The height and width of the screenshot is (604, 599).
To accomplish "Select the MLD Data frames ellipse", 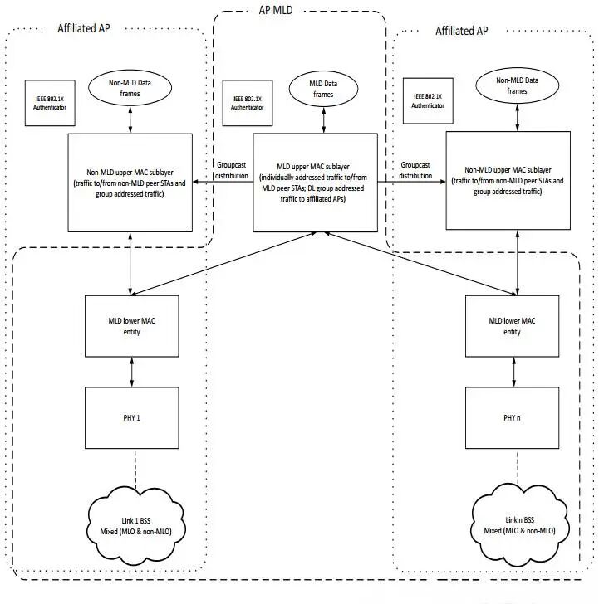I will (323, 90).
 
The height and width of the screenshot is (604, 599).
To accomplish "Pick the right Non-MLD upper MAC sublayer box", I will (508, 180).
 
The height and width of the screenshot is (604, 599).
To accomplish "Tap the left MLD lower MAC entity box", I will (133, 327).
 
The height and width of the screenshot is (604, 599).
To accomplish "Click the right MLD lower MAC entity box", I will (512, 327).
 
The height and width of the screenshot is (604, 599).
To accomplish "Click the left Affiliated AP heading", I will (83, 28).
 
